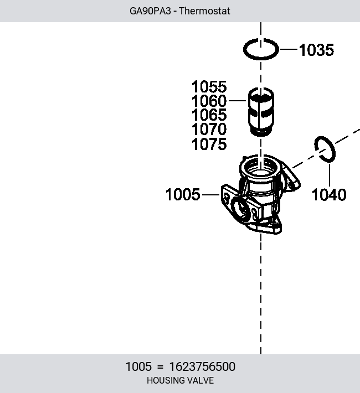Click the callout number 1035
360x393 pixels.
(x=317, y=50)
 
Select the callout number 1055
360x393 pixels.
(x=209, y=87)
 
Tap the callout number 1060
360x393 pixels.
(x=209, y=101)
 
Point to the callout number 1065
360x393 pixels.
(x=209, y=115)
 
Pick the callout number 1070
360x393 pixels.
(x=209, y=130)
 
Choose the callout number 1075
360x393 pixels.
(x=209, y=144)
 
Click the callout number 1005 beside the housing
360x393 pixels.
(x=183, y=194)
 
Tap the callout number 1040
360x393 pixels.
(x=329, y=195)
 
